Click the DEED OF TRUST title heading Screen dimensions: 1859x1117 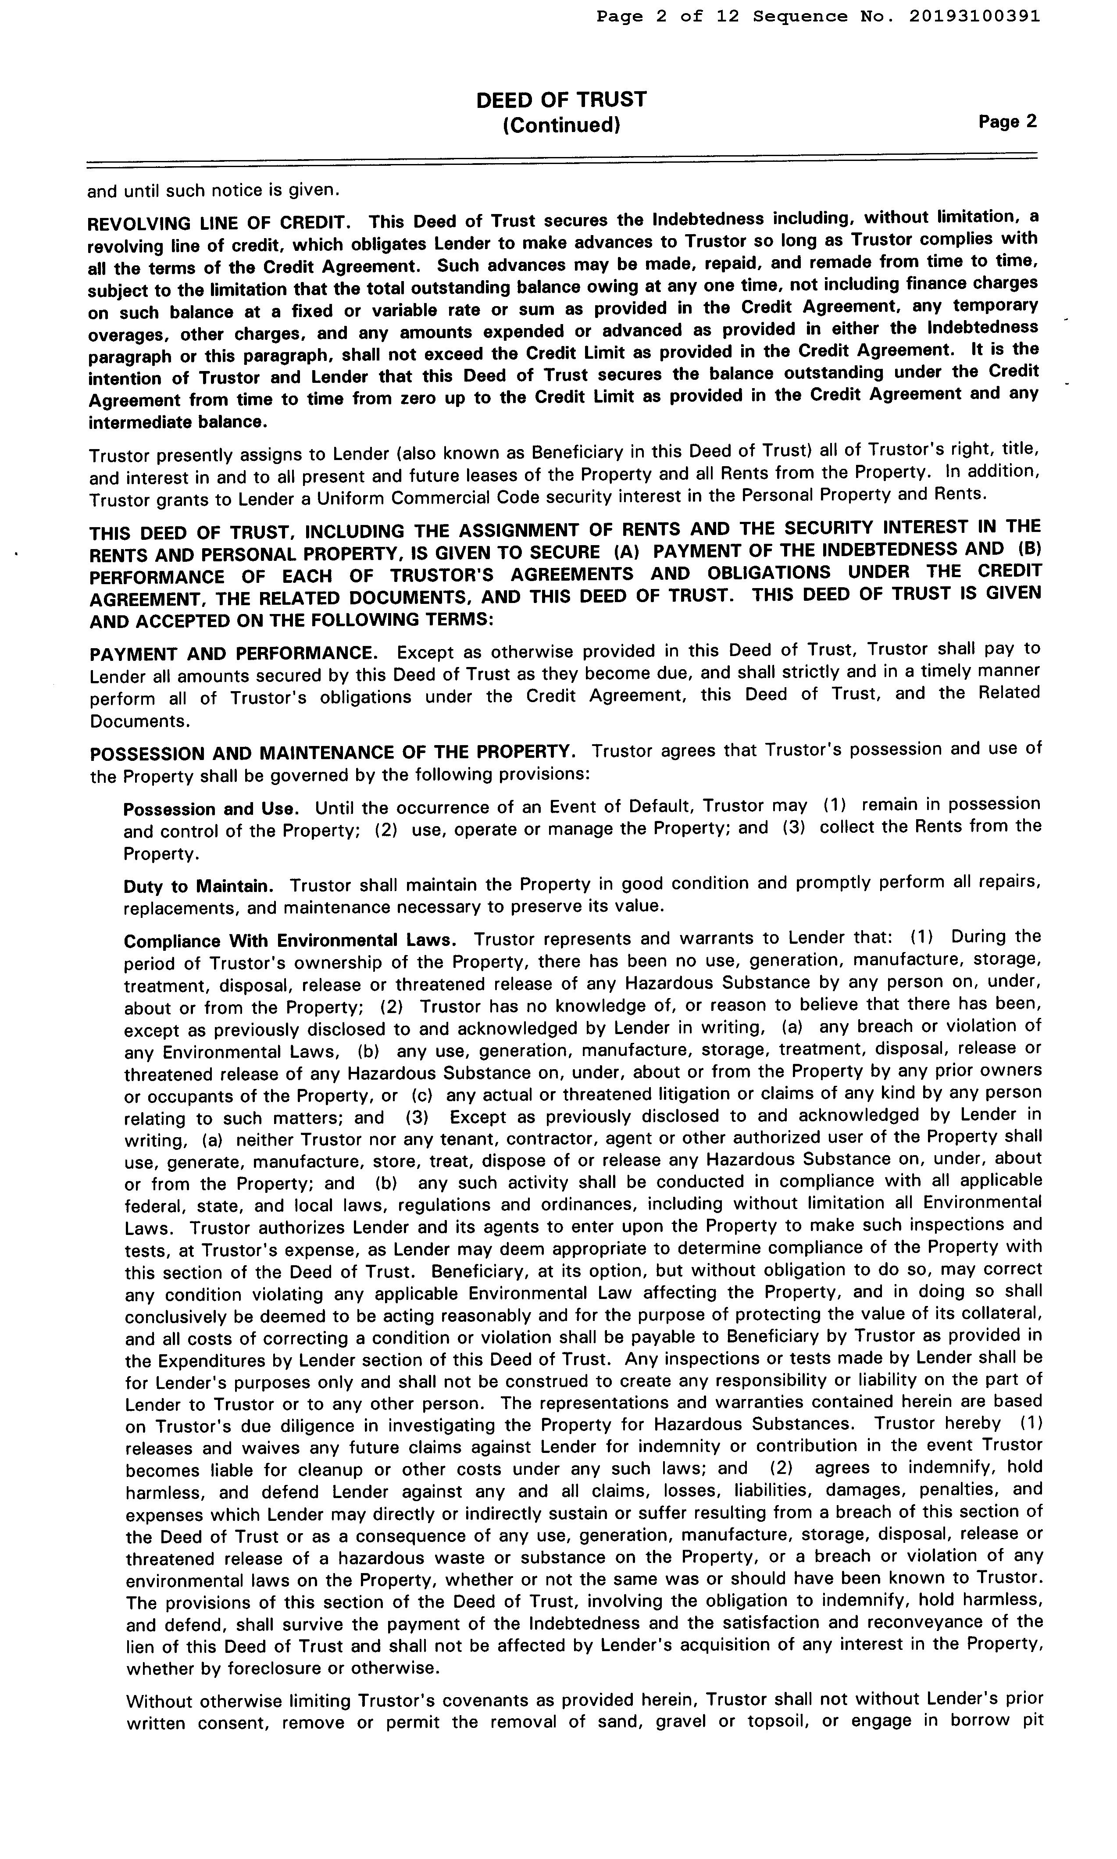pos(561,100)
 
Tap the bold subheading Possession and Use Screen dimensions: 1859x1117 pos(211,809)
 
